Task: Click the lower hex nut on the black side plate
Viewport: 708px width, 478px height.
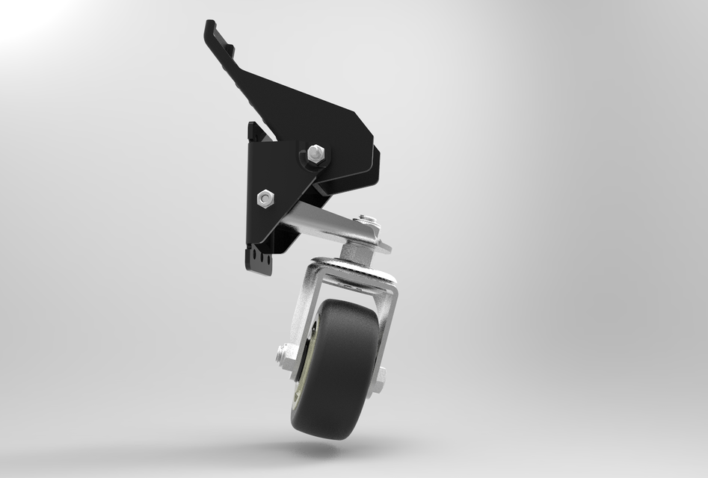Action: coord(265,199)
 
